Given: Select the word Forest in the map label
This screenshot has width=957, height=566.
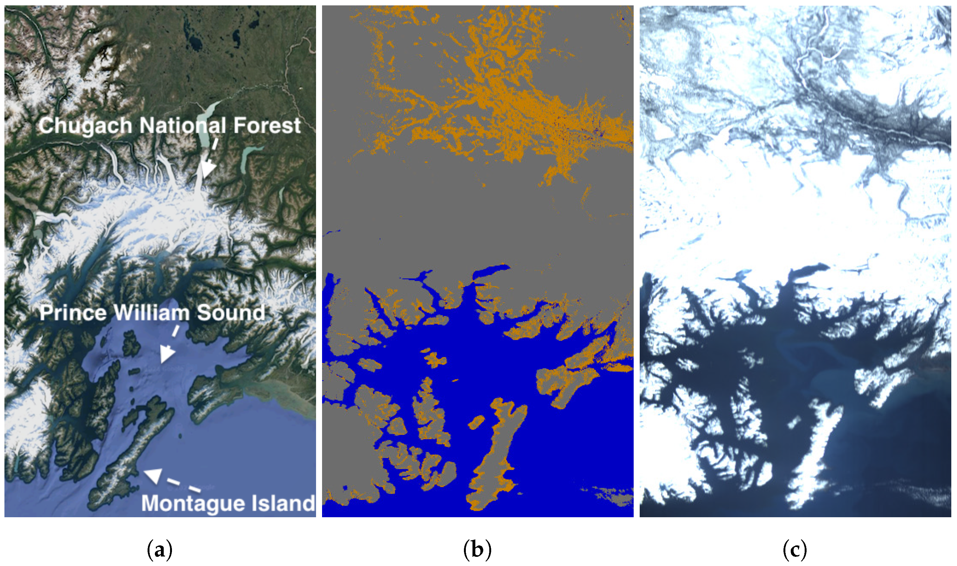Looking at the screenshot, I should pos(267,125).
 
